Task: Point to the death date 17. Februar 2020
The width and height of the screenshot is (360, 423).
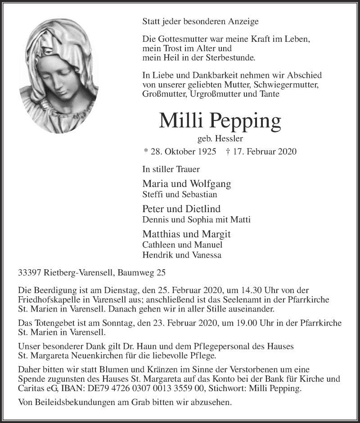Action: point(262,152)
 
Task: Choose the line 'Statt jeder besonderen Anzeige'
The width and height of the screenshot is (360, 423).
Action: point(200,21)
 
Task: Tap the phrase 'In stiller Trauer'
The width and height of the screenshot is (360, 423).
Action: point(171,169)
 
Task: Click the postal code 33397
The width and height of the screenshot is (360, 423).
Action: point(28,272)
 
